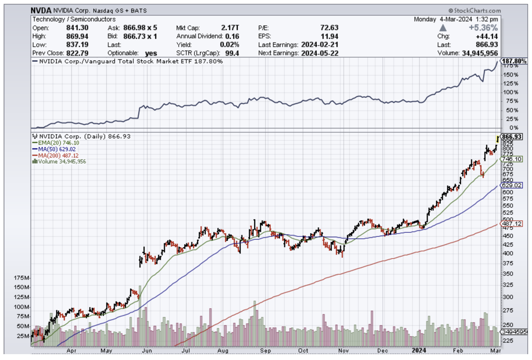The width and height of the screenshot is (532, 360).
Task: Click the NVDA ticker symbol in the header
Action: coord(41,10)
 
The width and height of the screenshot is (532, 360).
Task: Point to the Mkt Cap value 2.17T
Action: coord(230,27)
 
